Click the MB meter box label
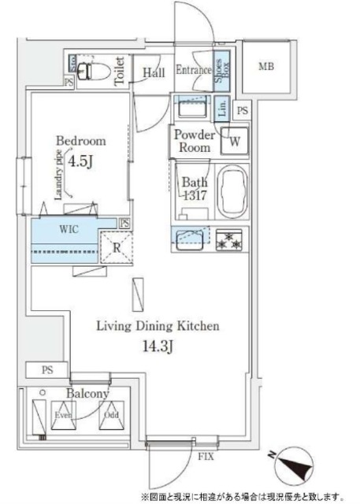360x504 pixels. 267,67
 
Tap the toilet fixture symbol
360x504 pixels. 93,70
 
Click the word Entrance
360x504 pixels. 193,69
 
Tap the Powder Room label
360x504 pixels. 194,140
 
